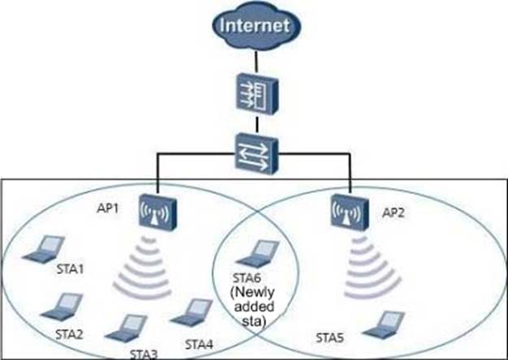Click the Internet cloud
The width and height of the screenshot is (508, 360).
(255, 27)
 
